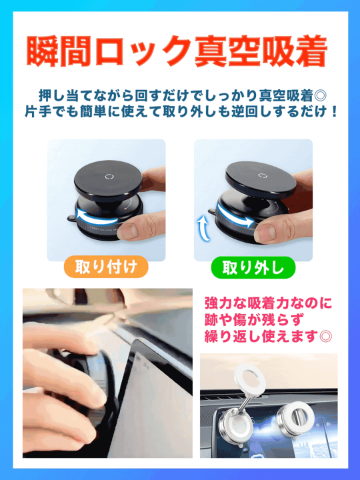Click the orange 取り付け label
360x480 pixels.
point(105,268)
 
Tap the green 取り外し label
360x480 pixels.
point(253,268)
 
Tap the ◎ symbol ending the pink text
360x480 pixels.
point(327,336)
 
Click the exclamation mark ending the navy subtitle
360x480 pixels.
point(333,109)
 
